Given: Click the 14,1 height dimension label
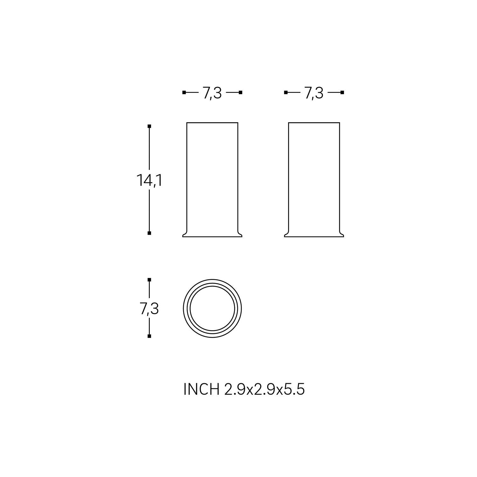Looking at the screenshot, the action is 149,181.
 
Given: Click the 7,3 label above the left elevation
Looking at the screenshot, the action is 212,93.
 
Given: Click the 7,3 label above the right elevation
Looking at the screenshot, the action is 314,93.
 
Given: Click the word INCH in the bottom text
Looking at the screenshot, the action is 201,389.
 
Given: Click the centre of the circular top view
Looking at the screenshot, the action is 212,308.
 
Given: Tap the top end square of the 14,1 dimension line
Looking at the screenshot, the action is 149,126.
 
